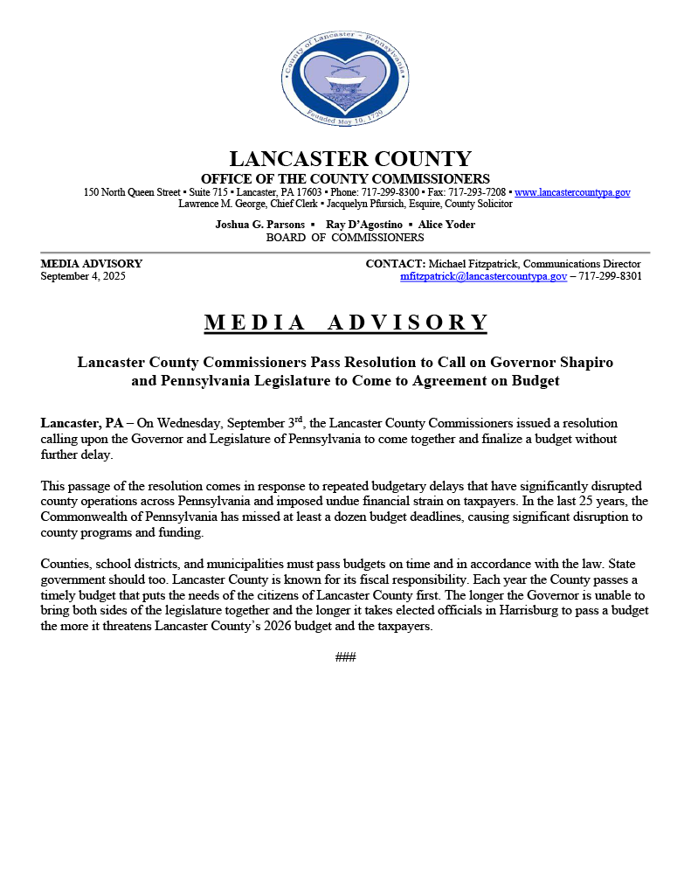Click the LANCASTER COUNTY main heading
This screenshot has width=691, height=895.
coord(349,159)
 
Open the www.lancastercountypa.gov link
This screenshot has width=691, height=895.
coord(572,192)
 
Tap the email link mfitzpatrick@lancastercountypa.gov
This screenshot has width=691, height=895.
coord(483,276)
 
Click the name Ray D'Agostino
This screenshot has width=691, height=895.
coord(363,225)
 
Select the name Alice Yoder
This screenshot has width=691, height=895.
coord(446,225)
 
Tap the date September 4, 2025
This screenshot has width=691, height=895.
coord(83,276)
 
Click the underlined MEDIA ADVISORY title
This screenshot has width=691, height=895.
coord(346,323)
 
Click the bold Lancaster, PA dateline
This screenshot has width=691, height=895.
coord(82,423)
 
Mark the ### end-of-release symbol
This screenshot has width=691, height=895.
coord(345,657)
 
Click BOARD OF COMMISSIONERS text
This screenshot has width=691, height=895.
coord(345,238)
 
